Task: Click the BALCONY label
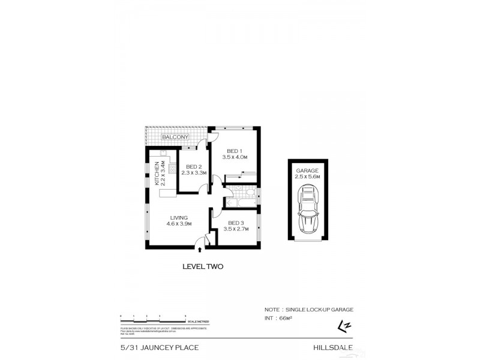click(x=175, y=137)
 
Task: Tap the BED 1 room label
click(x=234, y=151)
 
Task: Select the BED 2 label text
click(x=193, y=166)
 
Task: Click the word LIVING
click(x=179, y=217)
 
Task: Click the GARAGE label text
click(x=308, y=170)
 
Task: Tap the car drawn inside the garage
click(x=308, y=211)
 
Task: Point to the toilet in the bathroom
click(x=251, y=193)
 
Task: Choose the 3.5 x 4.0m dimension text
click(x=234, y=157)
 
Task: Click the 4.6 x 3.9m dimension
click(x=179, y=224)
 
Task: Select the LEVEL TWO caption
click(x=202, y=267)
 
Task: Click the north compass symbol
click(x=344, y=326)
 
